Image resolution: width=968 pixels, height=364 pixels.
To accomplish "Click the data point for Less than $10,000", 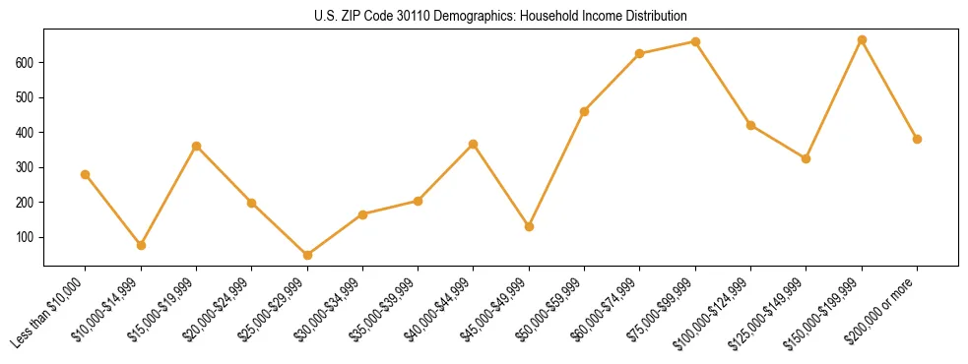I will point(86,174).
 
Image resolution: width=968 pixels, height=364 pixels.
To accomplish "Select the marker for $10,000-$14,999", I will point(141,245).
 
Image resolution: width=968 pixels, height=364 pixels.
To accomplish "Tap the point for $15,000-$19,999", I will point(197,146).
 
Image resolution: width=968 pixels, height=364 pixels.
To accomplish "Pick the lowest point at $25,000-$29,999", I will point(307,255).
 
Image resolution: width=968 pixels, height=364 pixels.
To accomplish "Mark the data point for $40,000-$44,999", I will point(474,144).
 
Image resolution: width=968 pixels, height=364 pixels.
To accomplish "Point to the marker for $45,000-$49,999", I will point(529,226).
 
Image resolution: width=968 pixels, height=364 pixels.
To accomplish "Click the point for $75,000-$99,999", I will point(695,41).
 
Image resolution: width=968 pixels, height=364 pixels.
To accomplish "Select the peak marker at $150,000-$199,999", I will point(862,39).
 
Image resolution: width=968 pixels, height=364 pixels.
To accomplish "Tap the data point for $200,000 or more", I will point(917,139).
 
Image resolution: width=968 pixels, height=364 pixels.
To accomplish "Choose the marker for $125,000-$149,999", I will point(806,158).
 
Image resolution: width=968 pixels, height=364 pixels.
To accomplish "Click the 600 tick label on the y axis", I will point(26,63).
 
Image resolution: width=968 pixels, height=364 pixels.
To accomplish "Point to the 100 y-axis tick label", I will point(26,237).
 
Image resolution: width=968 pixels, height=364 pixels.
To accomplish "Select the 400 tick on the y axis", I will point(26,133).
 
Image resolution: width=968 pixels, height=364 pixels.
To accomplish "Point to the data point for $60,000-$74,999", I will point(640,53).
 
